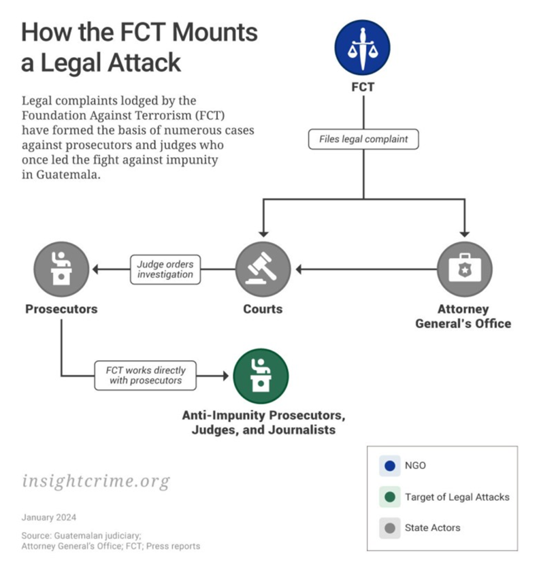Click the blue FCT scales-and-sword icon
click(x=362, y=47)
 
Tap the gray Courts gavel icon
click(x=263, y=269)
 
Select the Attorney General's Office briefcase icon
click(x=464, y=269)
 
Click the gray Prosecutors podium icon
click(x=61, y=269)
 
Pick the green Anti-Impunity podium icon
click(x=261, y=376)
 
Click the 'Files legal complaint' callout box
click(x=363, y=139)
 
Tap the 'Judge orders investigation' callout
click(x=165, y=269)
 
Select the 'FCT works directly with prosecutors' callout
click(x=146, y=376)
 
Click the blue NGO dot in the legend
click(x=390, y=466)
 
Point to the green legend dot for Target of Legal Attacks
click(x=390, y=497)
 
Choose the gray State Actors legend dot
click(x=390, y=528)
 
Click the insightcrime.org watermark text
click(x=95, y=481)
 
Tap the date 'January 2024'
click(x=49, y=517)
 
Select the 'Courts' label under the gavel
click(x=263, y=309)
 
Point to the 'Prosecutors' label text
click(x=61, y=309)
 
